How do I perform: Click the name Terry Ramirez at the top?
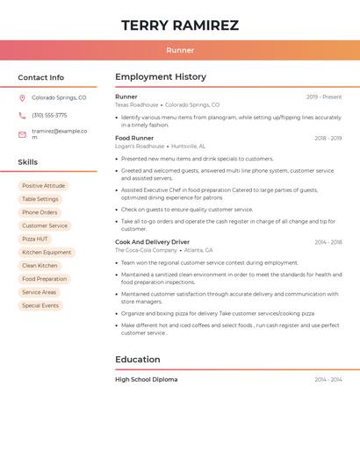click(x=180, y=25)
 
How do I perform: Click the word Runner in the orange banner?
click(x=180, y=50)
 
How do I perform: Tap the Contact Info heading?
click(x=41, y=77)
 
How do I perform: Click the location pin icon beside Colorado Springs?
click(x=22, y=98)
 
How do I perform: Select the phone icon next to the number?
click(x=22, y=115)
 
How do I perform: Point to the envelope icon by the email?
click(x=22, y=134)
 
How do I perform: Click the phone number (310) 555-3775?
click(x=49, y=115)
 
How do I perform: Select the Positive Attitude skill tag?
click(x=43, y=186)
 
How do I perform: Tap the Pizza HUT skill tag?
click(x=35, y=239)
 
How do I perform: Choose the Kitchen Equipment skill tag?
click(x=47, y=253)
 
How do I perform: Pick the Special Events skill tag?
click(x=40, y=305)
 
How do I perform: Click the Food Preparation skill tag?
click(x=44, y=279)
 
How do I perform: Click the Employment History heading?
click(x=161, y=77)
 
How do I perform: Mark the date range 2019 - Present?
click(x=324, y=97)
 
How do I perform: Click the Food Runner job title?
click(x=134, y=138)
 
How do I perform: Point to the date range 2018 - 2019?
click(x=328, y=138)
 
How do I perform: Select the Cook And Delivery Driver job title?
click(x=152, y=241)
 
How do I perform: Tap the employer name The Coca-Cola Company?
click(x=146, y=250)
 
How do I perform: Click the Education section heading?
click(x=138, y=360)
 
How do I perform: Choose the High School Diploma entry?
click(x=146, y=379)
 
